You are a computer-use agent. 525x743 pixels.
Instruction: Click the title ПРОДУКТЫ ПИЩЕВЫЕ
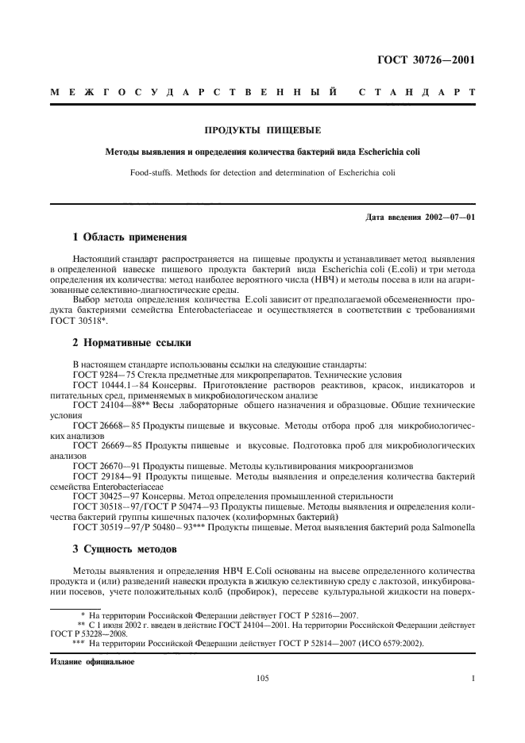click(262, 130)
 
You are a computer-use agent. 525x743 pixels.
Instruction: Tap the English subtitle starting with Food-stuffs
click(262, 171)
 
